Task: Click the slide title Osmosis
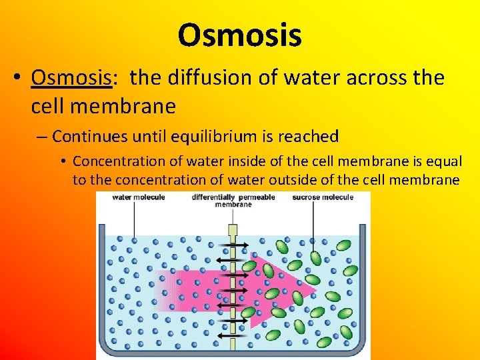pos(239,35)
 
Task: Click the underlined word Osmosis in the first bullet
pos(71,78)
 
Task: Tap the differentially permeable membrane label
pos(233,201)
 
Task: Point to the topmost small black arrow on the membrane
pos(233,245)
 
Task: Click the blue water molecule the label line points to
pos(135,238)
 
